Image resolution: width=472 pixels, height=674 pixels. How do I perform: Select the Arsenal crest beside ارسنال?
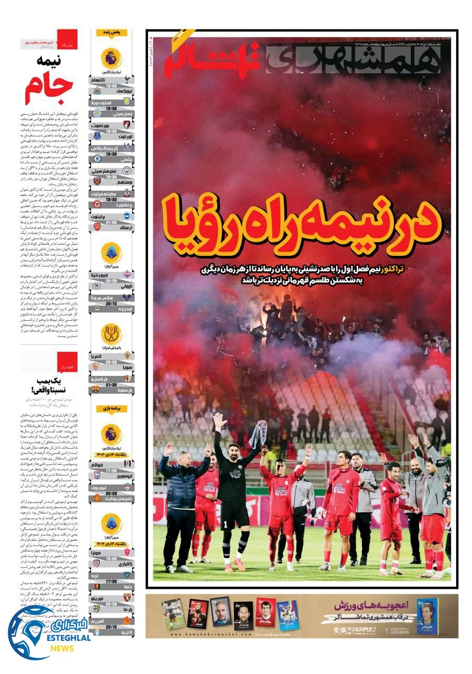pos(96,227)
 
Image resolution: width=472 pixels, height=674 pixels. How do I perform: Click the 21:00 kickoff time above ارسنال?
pos(112,222)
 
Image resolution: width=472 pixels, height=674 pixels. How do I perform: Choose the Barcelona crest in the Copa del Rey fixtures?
pos(96,389)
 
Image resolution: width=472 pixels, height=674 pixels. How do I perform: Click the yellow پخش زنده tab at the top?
pos(111,33)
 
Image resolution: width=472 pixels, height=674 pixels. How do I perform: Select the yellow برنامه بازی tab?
pos(111,408)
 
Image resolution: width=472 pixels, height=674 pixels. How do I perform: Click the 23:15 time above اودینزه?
pos(112,303)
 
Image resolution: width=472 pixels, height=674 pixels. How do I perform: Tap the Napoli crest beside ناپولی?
pos(96,285)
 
